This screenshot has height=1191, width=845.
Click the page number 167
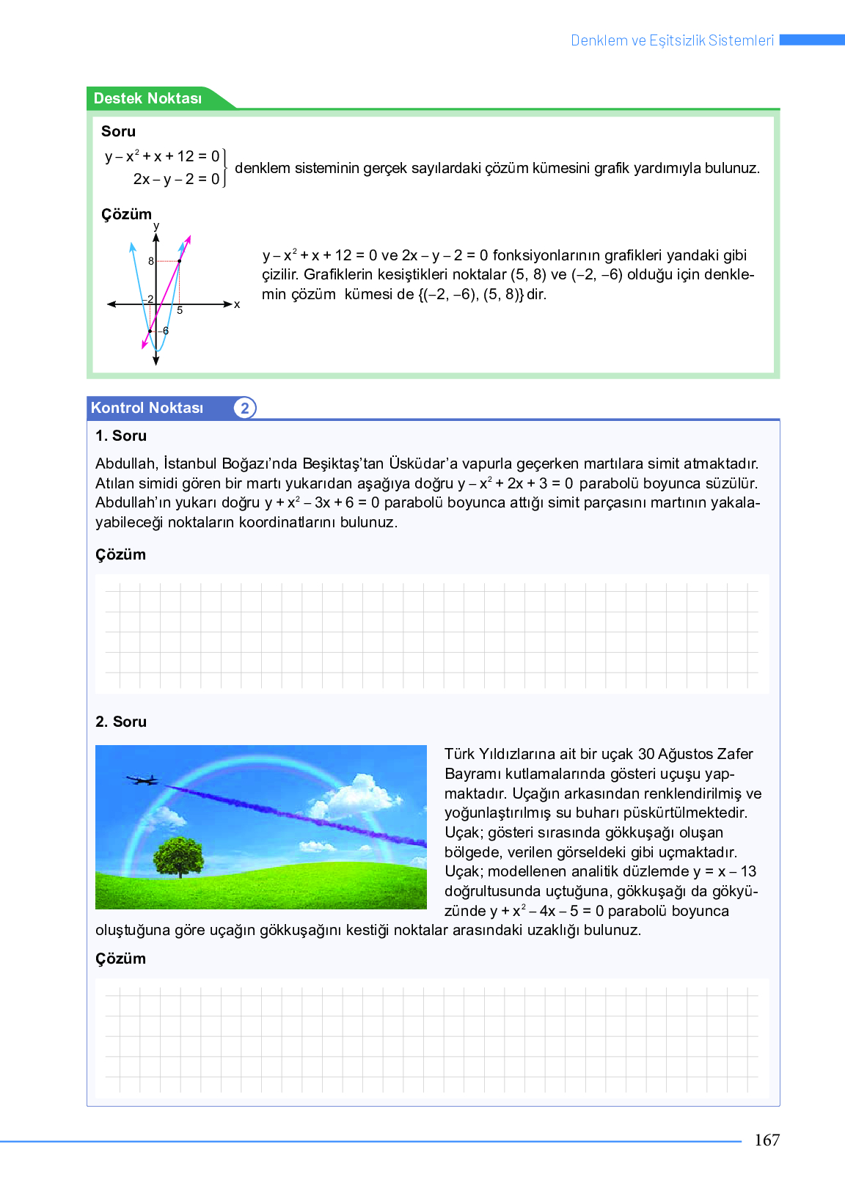[x=767, y=1140]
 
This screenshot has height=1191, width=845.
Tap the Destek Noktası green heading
[x=147, y=98]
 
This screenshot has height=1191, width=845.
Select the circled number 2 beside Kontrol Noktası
[x=245, y=408]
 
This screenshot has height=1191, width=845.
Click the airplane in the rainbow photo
[x=142, y=780]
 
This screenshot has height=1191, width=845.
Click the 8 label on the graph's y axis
[x=151, y=261]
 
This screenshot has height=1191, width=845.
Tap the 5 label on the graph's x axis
[x=180, y=311]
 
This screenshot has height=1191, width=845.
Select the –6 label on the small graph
[x=164, y=331]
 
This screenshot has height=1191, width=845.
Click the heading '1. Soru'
[x=121, y=436]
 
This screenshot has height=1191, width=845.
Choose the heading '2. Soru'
[x=121, y=722]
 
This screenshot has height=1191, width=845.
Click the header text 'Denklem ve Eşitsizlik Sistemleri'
[x=672, y=40]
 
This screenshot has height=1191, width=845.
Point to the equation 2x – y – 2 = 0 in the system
[x=176, y=179]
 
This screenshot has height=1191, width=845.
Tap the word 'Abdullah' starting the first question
[x=125, y=463]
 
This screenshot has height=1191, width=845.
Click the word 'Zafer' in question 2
[x=735, y=754]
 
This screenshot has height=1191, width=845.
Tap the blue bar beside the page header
[x=811, y=40]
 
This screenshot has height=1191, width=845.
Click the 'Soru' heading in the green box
[x=118, y=131]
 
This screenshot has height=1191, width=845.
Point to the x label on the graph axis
[x=237, y=304]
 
